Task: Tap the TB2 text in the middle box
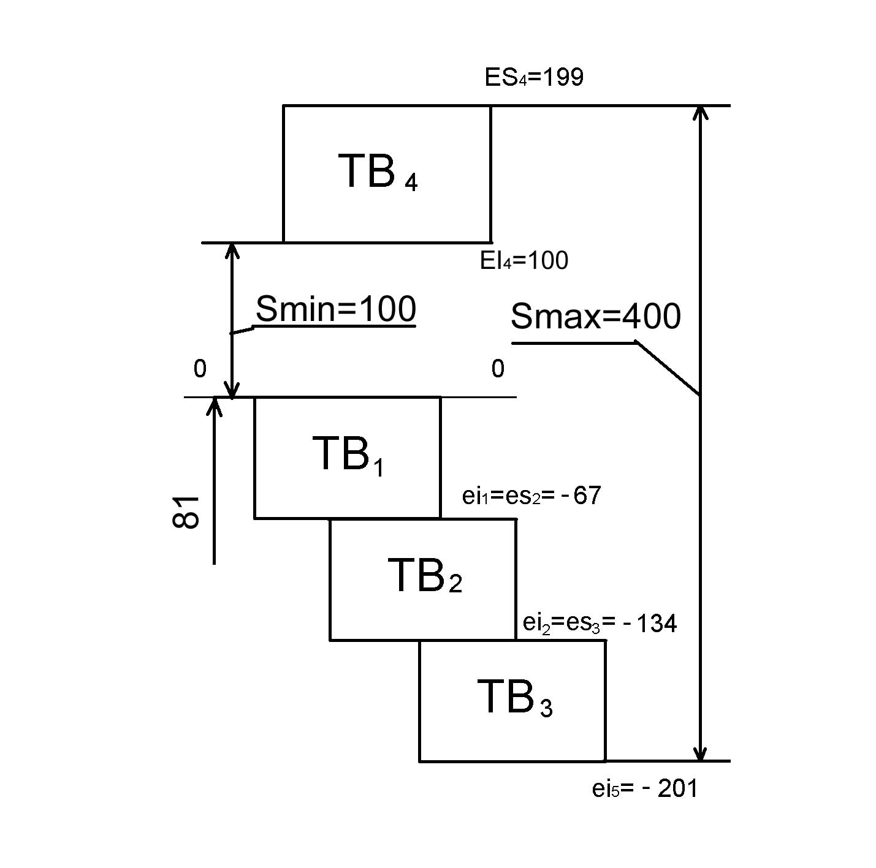click(x=424, y=576)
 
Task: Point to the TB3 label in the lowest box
click(x=514, y=698)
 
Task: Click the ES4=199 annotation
click(x=534, y=78)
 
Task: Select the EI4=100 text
click(x=524, y=261)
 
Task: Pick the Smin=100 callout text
click(x=335, y=309)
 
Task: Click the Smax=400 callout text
click(x=595, y=317)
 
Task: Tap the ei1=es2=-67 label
click(x=531, y=496)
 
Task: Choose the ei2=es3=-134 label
click(x=600, y=623)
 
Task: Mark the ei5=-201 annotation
click(x=644, y=789)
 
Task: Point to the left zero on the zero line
click(x=200, y=369)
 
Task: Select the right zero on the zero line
click(x=498, y=369)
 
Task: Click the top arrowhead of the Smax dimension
click(x=701, y=113)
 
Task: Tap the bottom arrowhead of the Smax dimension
click(x=701, y=753)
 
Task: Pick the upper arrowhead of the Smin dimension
click(x=231, y=251)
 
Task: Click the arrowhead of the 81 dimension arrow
click(x=214, y=406)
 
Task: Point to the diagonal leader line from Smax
click(x=668, y=368)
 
